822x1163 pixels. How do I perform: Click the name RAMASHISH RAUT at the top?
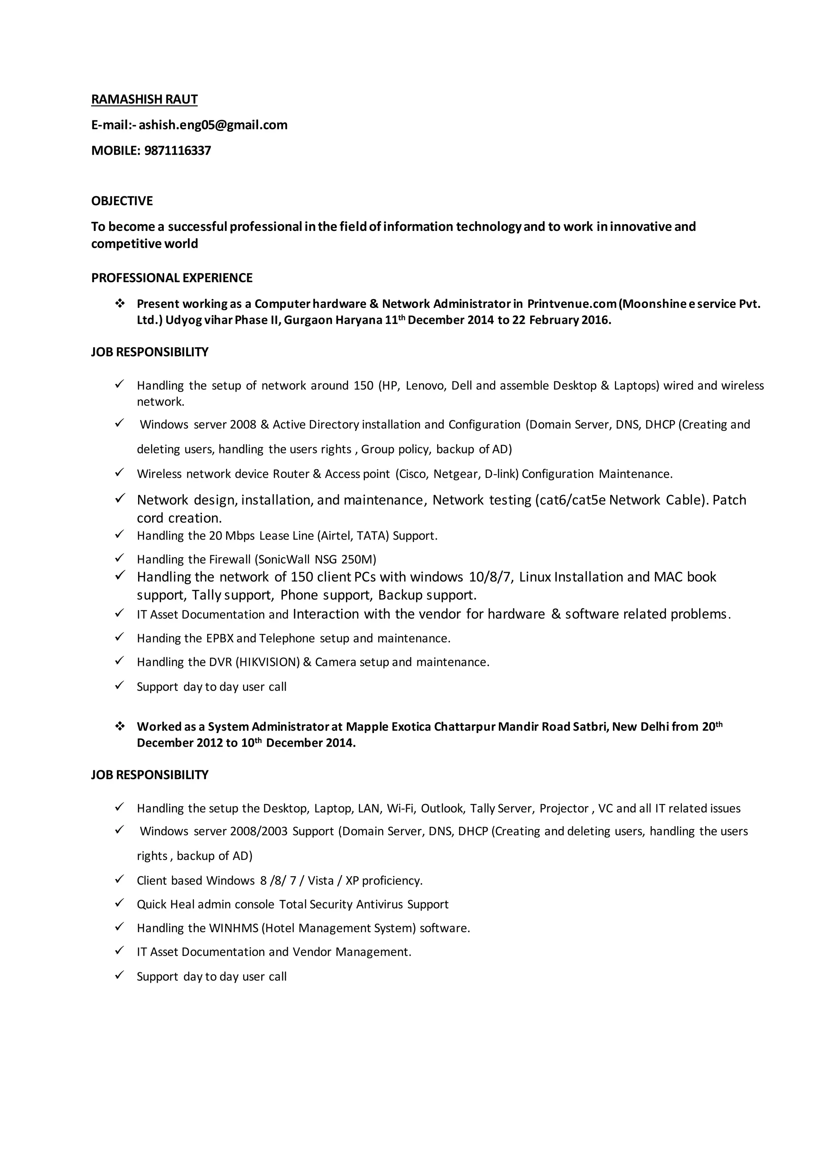point(144,99)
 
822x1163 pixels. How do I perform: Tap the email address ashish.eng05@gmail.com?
point(213,125)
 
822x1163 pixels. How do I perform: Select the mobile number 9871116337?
point(177,151)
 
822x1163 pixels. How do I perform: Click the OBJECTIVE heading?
point(122,201)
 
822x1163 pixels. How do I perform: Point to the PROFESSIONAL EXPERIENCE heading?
point(172,278)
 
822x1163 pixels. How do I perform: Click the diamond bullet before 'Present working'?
point(120,304)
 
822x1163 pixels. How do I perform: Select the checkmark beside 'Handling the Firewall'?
point(120,558)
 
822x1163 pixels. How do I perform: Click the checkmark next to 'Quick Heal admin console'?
point(120,903)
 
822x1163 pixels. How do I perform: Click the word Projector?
point(564,809)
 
